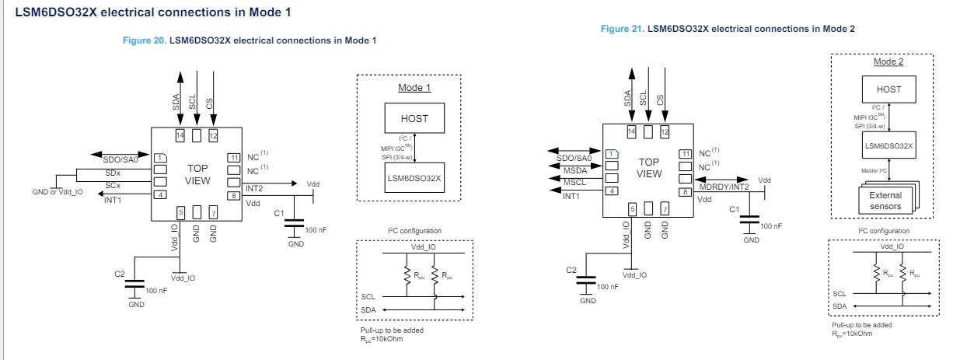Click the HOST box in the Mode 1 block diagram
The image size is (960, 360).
click(x=414, y=118)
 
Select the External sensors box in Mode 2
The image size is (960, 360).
click(x=885, y=201)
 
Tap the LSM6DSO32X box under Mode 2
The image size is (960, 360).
click(x=888, y=145)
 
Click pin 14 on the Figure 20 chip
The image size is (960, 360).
click(x=180, y=135)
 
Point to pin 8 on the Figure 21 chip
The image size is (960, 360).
click(x=686, y=192)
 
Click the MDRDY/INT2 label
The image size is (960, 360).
click(x=724, y=187)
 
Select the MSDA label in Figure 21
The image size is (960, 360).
click(x=575, y=170)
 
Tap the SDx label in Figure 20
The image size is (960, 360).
click(x=113, y=173)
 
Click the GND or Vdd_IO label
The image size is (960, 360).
click(x=58, y=192)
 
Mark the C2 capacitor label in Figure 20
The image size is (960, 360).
click(x=120, y=274)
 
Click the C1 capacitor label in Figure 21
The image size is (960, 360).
click(x=734, y=210)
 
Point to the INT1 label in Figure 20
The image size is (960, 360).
click(x=113, y=200)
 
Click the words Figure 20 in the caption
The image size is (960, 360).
click(x=145, y=40)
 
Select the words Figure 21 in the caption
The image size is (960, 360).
click(x=623, y=29)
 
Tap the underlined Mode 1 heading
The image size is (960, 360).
click(x=414, y=87)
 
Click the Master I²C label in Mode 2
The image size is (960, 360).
click(x=874, y=170)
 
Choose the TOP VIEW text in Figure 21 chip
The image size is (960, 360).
click(x=649, y=168)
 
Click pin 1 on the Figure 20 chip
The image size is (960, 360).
click(x=160, y=158)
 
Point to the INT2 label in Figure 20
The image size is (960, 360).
click(x=254, y=189)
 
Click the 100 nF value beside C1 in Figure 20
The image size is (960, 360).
click(x=316, y=230)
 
